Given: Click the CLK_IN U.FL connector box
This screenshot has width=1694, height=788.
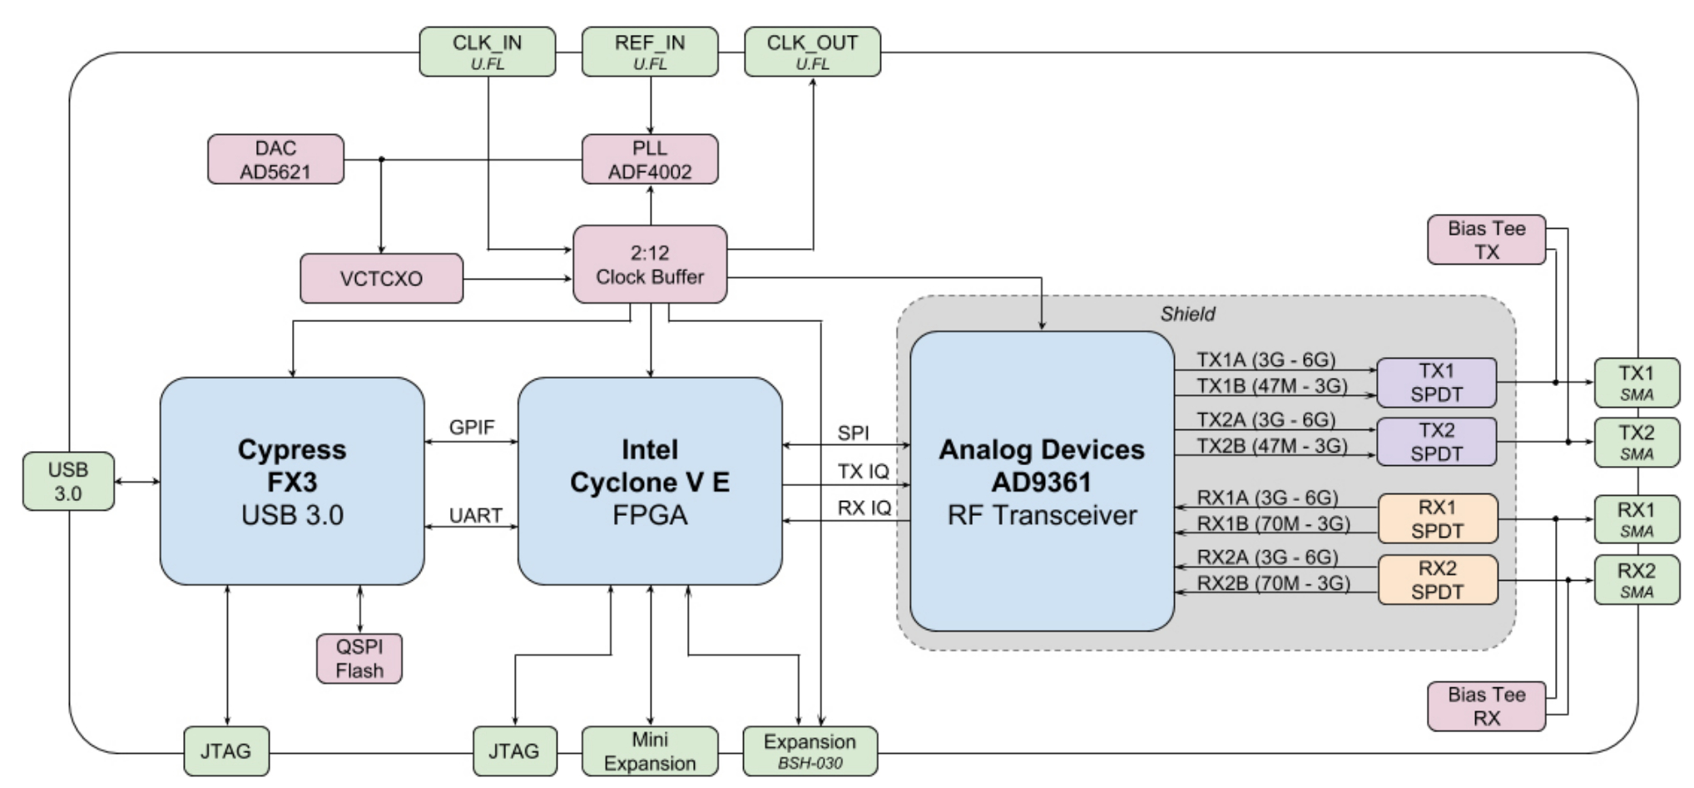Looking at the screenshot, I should [x=487, y=52].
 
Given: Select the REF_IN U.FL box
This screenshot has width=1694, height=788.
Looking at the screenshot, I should [x=650, y=52].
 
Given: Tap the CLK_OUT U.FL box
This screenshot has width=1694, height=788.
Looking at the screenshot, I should [x=812, y=52].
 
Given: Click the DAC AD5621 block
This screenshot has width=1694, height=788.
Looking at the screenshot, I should [x=275, y=160].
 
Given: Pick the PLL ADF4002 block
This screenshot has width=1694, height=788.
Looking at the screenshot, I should [x=650, y=160].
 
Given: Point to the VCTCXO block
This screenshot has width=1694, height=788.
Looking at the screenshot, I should [x=381, y=279].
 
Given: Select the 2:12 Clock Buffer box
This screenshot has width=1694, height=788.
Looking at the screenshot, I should [x=650, y=265].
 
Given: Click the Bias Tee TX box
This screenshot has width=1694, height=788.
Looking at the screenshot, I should [x=1486, y=240].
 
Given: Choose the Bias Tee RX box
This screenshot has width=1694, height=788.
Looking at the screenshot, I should [x=1486, y=706].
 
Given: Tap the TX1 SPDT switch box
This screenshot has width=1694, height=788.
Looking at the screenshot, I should [x=1437, y=383].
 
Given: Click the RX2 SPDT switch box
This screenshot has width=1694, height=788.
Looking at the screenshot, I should [x=1438, y=580].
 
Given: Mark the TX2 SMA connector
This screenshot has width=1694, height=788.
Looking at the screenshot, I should [x=1637, y=443].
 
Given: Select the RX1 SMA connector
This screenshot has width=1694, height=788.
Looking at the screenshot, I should [x=1637, y=519].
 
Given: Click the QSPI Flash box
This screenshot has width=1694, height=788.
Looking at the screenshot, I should [x=359, y=659].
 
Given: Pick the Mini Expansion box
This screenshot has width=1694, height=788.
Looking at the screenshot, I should [x=650, y=751].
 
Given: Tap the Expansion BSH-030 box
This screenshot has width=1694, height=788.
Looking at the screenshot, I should [x=810, y=751].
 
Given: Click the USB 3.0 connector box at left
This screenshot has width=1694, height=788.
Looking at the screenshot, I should [x=68, y=482].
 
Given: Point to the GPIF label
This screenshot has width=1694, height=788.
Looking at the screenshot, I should [x=472, y=427].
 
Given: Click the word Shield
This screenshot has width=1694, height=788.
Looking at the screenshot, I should [x=1187, y=314].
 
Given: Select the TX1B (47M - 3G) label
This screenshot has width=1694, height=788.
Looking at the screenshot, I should [x=1271, y=386].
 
